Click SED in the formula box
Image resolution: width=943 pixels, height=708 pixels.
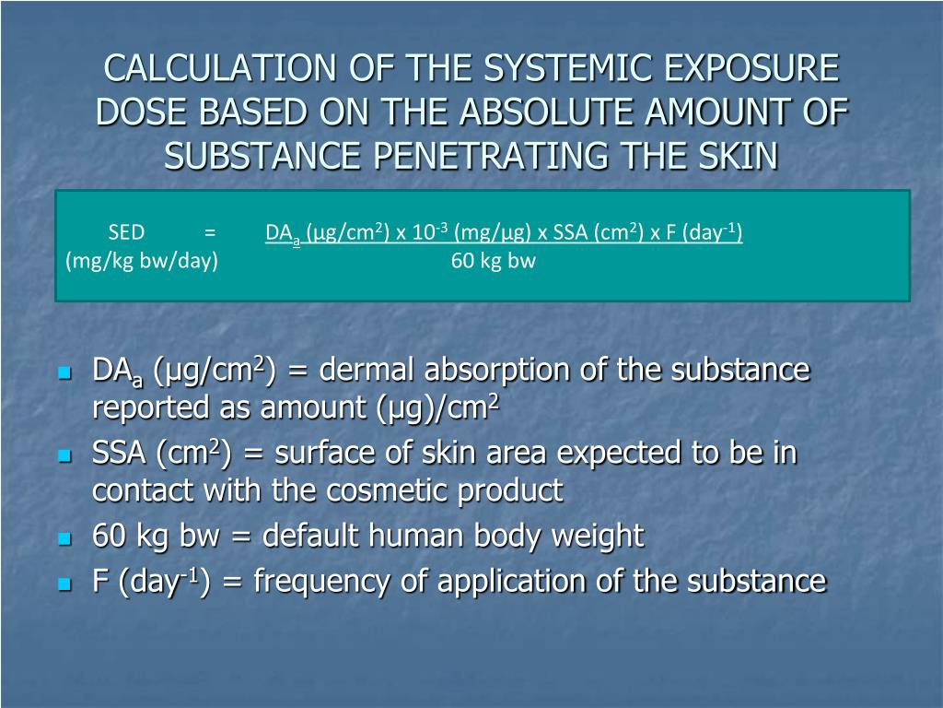point(126,232)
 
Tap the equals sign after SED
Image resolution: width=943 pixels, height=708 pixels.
point(211,232)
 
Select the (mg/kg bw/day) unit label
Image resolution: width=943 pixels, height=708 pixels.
point(142,261)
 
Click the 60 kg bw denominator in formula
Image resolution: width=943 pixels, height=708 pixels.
point(494,261)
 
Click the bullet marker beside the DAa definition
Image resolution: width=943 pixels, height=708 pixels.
point(64,373)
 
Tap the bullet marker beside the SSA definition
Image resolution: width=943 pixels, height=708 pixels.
point(64,455)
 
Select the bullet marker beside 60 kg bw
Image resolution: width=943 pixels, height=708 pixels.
point(64,537)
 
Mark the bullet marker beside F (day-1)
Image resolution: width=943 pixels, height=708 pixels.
point(64,584)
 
